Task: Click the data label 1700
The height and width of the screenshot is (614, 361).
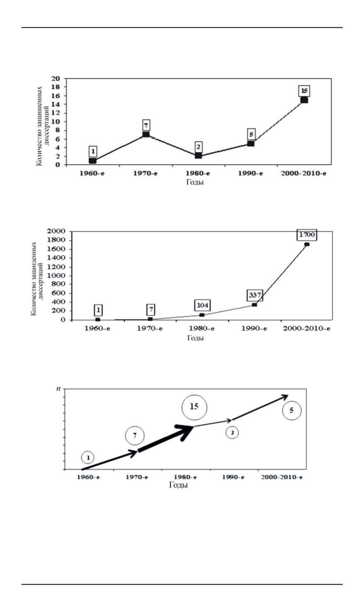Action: pyautogui.click(x=308, y=235)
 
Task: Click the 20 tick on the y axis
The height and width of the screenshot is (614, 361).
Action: pyautogui.click(x=56, y=79)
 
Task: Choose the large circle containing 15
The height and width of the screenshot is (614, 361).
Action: pyautogui.click(x=194, y=406)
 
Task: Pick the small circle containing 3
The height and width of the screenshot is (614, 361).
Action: pyautogui.click(x=232, y=433)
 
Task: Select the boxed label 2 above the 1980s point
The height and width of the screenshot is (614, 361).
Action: pyautogui.click(x=199, y=147)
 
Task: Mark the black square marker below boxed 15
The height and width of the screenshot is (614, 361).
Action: pyautogui.click(x=304, y=100)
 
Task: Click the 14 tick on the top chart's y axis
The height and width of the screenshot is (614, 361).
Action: pyautogui.click(x=56, y=104)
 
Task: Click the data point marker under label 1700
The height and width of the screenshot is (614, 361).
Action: pyautogui.click(x=307, y=244)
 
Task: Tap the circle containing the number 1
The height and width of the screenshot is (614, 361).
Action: pyautogui.click(x=87, y=457)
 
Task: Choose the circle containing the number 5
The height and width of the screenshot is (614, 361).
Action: pyautogui.click(x=291, y=411)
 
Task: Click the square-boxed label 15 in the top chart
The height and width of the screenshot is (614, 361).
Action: pyautogui.click(x=304, y=90)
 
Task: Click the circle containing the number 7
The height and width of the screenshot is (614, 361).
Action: pyautogui.click(x=134, y=436)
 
